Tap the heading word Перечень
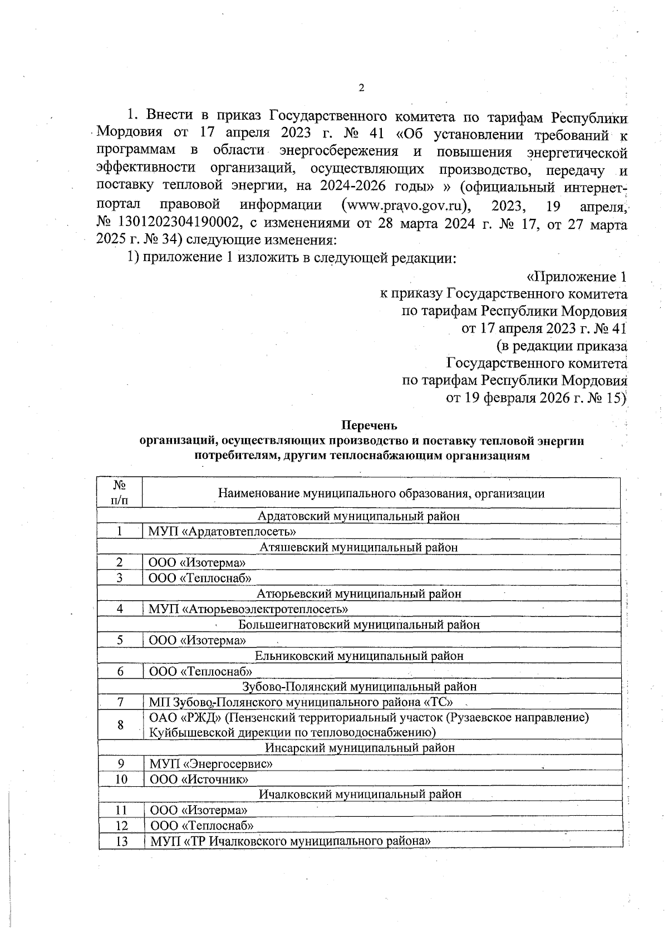tap(369, 426)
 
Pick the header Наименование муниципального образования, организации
tap(381, 493)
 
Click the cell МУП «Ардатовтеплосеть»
tap(222, 532)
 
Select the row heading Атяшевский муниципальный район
tap(358, 547)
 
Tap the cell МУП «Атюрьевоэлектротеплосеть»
tap(248, 609)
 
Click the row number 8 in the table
tap(120, 724)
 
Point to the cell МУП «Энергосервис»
tap(211, 763)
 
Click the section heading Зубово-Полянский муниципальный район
tap(359, 687)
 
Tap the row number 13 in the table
tap(121, 841)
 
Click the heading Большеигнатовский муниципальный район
tap(359, 625)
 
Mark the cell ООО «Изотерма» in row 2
tap(197, 563)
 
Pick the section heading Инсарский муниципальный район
tap(360, 748)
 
